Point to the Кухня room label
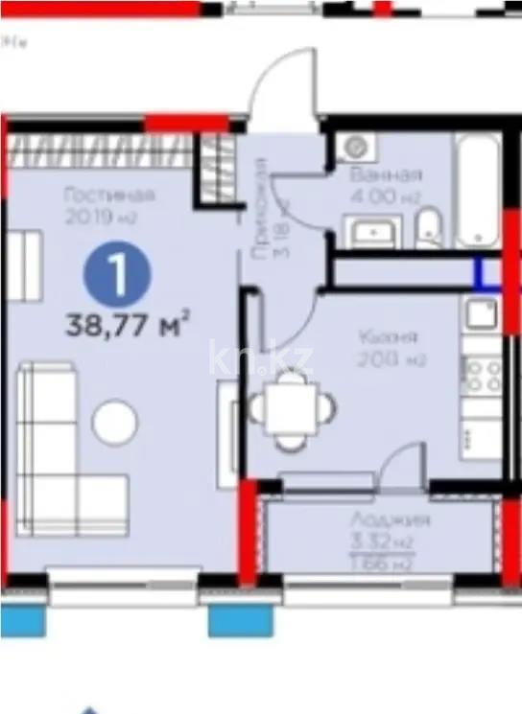pos(389,337)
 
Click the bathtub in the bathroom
pos(477,192)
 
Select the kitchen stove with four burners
pos(481,374)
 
